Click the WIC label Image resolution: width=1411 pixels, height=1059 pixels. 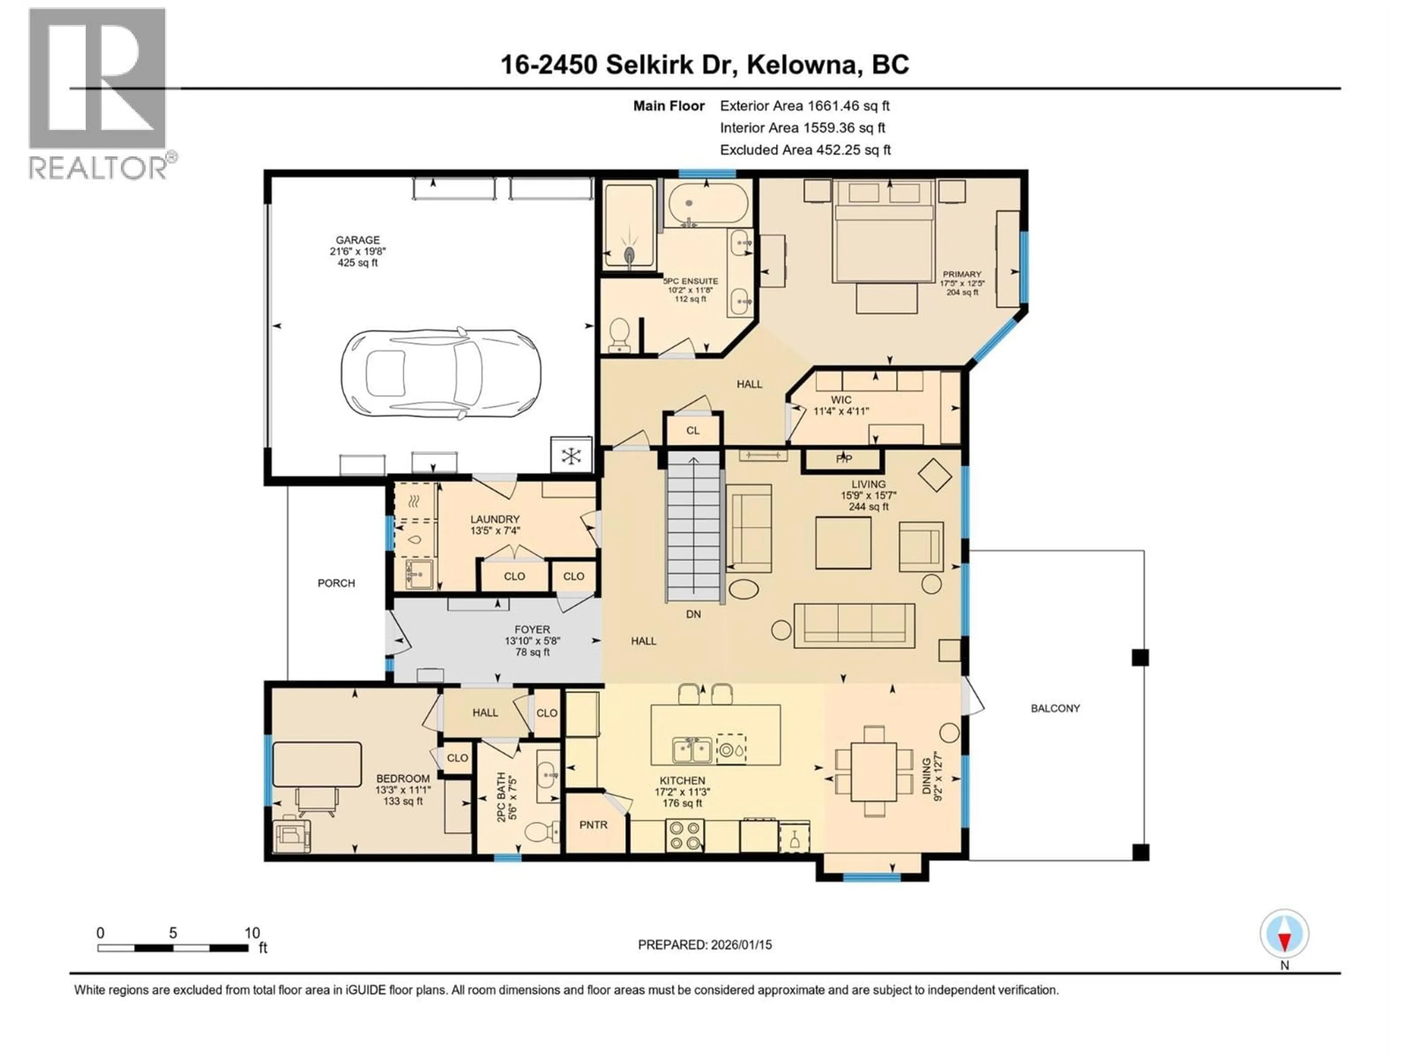pyautogui.click(x=841, y=400)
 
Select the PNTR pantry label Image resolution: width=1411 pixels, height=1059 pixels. pyautogui.click(x=593, y=825)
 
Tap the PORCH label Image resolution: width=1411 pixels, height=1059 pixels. pyautogui.click(x=336, y=583)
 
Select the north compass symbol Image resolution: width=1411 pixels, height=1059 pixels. pyautogui.click(x=1284, y=934)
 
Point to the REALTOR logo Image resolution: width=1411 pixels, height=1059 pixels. pyautogui.click(x=99, y=95)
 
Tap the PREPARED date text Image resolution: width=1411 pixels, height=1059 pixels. pyautogui.click(x=704, y=945)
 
